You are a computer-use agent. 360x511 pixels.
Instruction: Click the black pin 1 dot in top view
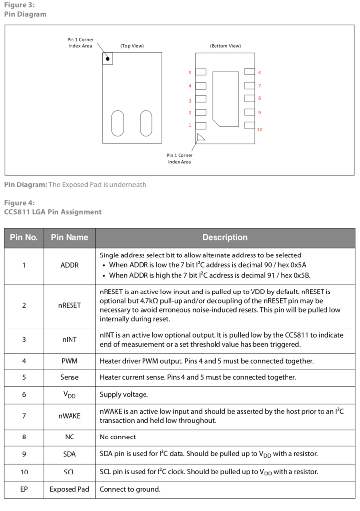click(108, 58)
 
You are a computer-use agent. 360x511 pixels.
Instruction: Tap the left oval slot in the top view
click(118, 123)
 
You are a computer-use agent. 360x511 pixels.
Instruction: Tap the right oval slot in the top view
click(146, 123)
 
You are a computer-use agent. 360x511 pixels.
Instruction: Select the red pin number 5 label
click(190, 73)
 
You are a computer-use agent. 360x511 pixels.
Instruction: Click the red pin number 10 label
click(259, 130)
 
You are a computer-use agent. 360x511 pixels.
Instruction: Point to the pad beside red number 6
click(250, 72)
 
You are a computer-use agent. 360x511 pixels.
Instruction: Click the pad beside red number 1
click(201, 126)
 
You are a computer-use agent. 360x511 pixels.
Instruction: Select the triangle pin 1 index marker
click(200, 137)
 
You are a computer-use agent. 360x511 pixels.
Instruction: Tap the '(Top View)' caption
click(132, 46)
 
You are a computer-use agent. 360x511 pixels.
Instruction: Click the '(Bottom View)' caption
click(225, 46)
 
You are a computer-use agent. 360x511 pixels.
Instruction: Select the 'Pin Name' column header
click(70, 237)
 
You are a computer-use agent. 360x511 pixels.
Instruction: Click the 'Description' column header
click(225, 237)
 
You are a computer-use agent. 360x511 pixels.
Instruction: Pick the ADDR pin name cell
click(70, 265)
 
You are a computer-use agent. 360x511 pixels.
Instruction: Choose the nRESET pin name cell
click(70, 305)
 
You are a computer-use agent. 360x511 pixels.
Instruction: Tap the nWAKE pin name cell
click(70, 416)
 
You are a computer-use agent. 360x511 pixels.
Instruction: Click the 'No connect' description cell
click(118, 437)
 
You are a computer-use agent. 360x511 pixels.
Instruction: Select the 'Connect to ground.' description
click(130, 489)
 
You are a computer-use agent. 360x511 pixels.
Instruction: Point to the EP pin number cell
click(24, 489)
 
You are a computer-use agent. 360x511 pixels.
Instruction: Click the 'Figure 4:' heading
click(19, 203)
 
